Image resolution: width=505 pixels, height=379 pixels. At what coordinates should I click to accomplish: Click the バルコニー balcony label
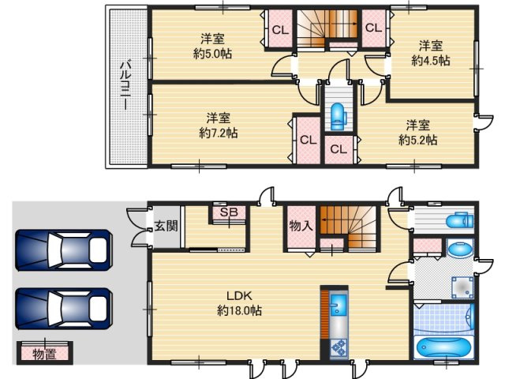tap(125, 85)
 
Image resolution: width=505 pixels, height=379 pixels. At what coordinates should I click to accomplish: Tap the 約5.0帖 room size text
tap(212, 54)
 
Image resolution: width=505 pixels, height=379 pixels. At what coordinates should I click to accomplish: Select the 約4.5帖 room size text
tap(431, 60)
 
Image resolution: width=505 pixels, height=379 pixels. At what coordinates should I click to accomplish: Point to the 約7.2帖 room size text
tap(219, 133)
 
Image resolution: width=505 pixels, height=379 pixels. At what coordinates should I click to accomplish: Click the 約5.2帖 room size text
tap(418, 140)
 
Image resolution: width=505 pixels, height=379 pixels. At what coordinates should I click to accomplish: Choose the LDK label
tap(239, 295)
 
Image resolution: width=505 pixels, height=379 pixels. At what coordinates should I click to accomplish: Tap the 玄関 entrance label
tap(166, 226)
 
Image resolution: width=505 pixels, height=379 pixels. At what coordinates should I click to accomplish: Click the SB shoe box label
tap(229, 212)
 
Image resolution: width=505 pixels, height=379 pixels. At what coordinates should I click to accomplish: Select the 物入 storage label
tap(301, 226)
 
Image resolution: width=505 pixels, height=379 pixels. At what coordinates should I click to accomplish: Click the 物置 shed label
tap(44, 355)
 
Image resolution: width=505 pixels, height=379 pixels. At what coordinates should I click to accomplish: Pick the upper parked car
tap(64, 250)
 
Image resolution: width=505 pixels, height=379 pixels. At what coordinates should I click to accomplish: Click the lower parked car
tap(64, 309)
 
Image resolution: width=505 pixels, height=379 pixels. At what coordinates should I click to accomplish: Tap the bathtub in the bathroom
tap(443, 348)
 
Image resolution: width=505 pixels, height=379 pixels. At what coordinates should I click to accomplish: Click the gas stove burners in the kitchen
tap(339, 348)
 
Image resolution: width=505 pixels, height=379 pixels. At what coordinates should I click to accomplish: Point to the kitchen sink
tap(339, 304)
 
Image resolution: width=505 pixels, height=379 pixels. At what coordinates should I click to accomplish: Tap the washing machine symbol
tap(462, 287)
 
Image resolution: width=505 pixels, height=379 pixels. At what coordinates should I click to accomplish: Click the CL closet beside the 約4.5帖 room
tap(373, 28)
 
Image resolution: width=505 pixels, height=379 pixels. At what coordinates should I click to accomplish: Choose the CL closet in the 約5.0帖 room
tap(280, 30)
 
